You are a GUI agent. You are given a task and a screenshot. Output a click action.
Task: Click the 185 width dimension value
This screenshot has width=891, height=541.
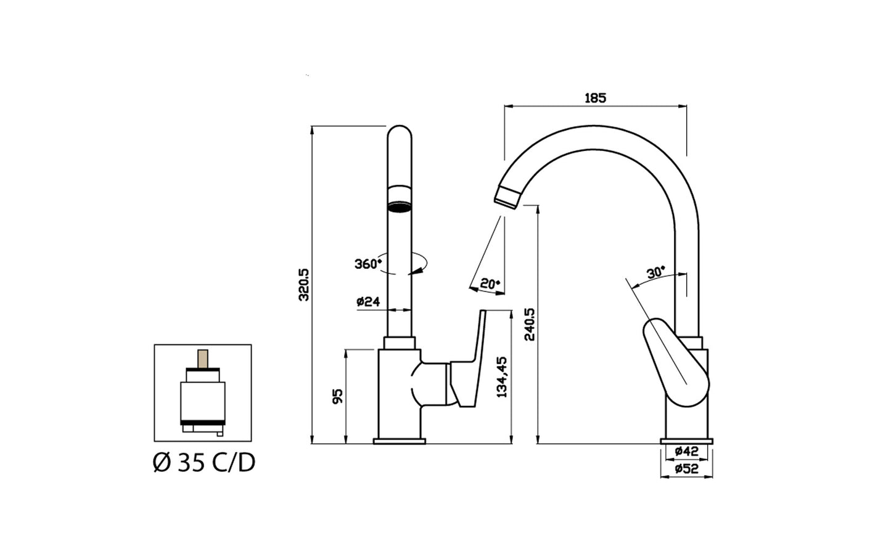pos(595,98)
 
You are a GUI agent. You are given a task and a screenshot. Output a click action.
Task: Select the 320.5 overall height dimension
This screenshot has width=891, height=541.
pos(303,284)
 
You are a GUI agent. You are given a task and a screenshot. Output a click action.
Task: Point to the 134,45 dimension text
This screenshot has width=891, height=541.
pos(503,376)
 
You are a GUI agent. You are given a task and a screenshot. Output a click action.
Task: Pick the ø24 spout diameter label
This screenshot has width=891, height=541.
pos(367,302)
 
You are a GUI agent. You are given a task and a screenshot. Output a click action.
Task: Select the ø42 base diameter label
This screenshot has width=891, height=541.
pos(686,451)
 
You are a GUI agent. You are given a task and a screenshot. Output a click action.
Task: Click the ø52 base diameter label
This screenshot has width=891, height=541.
pos(686,469)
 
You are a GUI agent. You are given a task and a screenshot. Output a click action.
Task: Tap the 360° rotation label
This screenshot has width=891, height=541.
pos(368,264)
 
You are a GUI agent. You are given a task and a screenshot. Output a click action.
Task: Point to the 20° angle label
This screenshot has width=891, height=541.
pos(490,283)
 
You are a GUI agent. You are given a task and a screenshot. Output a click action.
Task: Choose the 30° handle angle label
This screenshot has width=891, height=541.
pos(655,272)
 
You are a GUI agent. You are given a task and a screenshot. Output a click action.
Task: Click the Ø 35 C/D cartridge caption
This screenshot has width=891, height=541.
pos(203,463)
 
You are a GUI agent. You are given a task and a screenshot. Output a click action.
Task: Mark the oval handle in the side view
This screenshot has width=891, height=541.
pos(676,364)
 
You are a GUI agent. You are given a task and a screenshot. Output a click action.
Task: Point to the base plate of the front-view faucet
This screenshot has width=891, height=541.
pos(400,441)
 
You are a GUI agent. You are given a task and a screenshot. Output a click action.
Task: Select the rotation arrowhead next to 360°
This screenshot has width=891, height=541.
pos(419,267)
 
